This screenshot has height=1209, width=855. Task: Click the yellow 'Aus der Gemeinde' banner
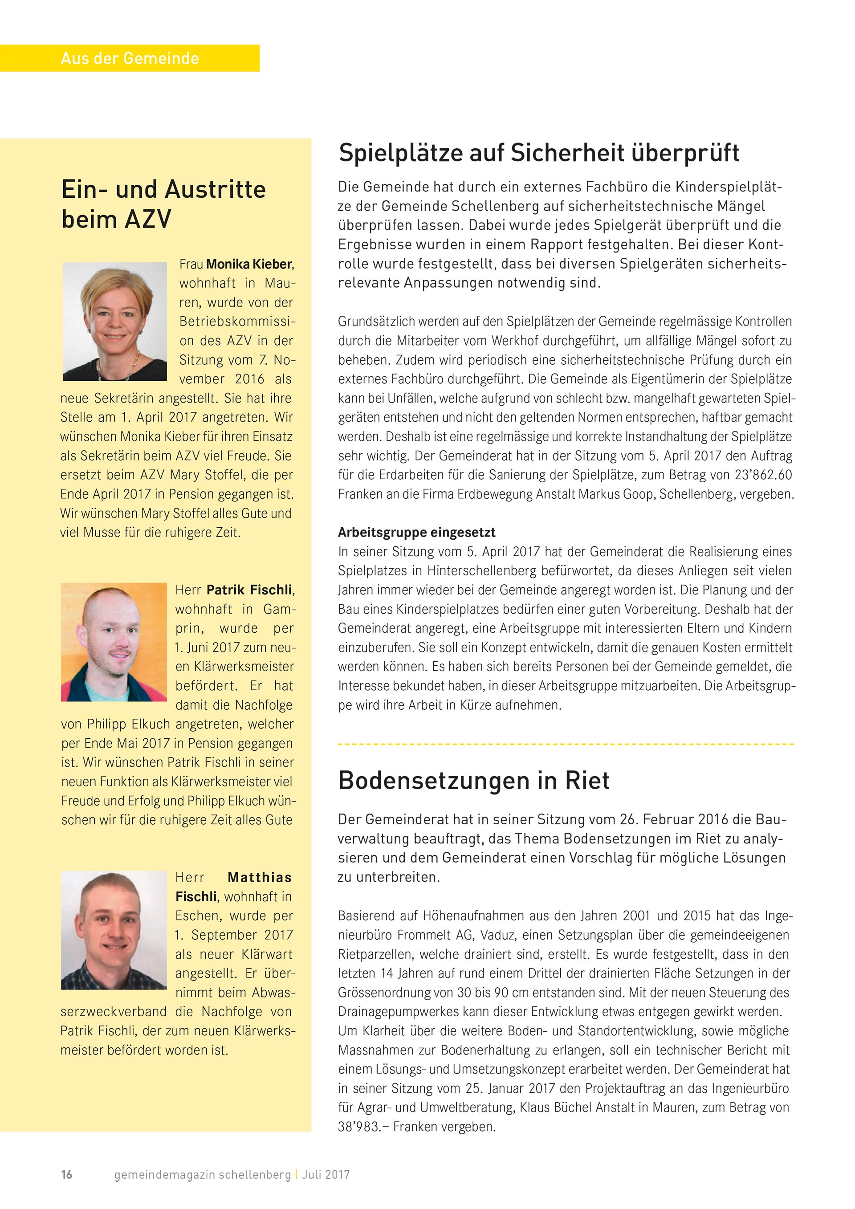pos(130,58)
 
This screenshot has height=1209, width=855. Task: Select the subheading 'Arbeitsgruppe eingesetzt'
pos(416,532)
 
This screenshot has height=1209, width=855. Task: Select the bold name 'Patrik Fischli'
pos(249,590)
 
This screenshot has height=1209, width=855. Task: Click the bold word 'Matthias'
pos(260,877)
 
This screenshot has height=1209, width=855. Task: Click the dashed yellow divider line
pos(566,744)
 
